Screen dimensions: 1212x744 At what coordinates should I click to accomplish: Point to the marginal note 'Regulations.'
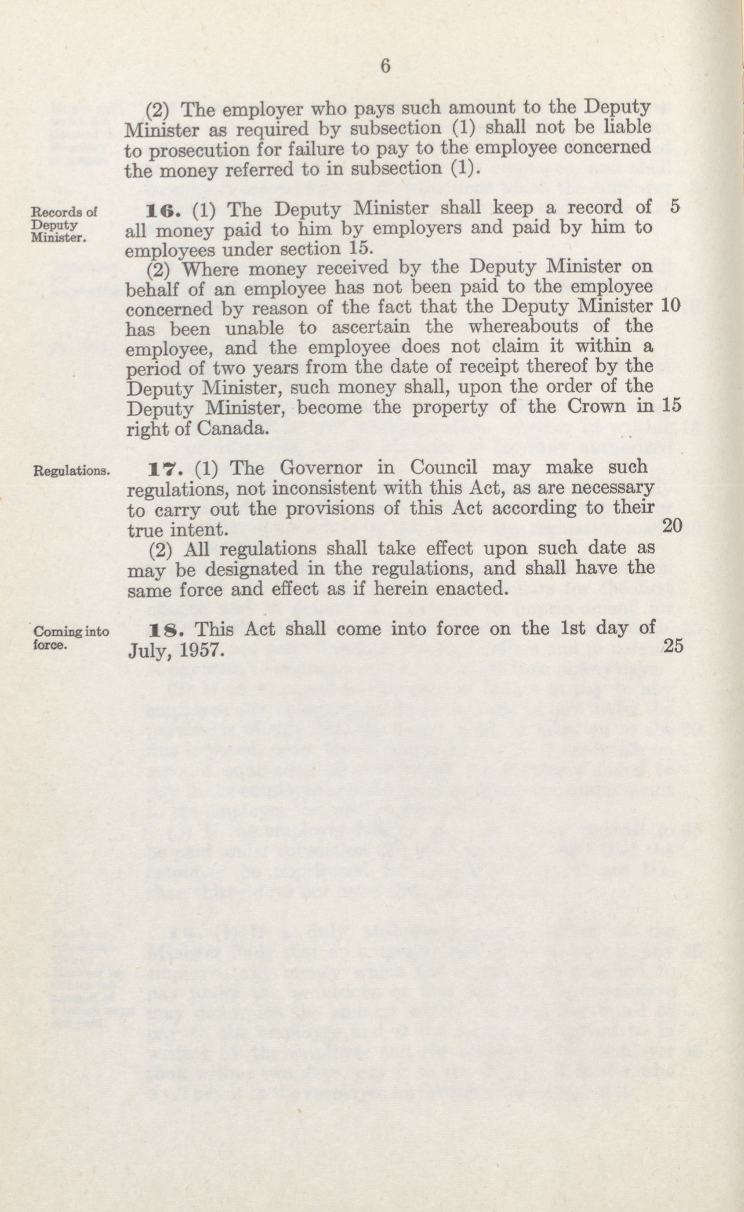(71, 471)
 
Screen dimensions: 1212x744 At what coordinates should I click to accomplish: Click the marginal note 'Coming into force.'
(70, 638)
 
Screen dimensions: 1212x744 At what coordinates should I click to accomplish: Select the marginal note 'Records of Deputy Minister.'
(64, 225)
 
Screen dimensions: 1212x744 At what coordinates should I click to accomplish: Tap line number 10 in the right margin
(670, 306)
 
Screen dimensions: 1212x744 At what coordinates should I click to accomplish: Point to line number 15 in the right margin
(671, 405)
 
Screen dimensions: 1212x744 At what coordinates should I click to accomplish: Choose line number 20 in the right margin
(673, 526)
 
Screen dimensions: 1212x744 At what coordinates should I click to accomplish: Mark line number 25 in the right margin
(674, 646)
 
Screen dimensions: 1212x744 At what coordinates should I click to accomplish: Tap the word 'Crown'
(595, 407)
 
